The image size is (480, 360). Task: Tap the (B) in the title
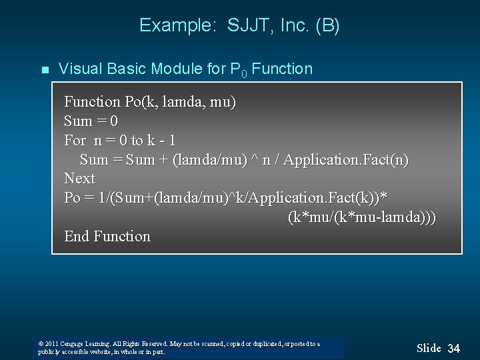tap(327, 26)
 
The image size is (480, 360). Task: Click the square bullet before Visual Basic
tap(45, 69)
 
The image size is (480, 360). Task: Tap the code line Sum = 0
tap(91, 121)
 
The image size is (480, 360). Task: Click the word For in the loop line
tap(75, 140)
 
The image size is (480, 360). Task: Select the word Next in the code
tap(79, 179)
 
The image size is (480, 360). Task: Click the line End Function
tap(107, 237)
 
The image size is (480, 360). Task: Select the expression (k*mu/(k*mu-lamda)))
tap(362, 217)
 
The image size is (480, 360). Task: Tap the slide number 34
tap(453, 349)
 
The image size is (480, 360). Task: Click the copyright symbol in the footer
tap(41, 344)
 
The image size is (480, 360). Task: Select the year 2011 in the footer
tap(51, 344)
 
